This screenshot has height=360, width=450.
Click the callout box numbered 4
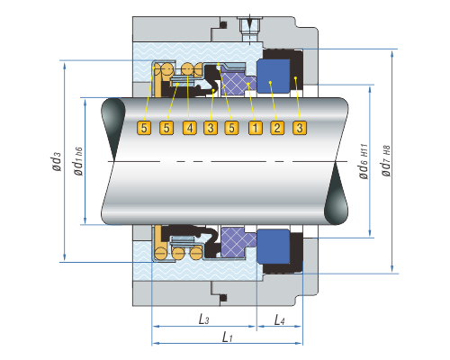[190, 128]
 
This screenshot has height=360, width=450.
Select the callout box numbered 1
[256, 128]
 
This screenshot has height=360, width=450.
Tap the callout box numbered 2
[277, 128]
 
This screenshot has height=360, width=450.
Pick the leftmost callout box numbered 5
[144, 128]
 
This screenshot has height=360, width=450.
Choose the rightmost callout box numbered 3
[300, 128]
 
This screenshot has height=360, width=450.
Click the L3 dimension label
[204, 319]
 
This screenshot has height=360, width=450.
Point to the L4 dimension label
[279, 319]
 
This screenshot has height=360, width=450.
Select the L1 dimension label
[227, 337]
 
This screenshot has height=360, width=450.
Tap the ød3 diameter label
[57, 161]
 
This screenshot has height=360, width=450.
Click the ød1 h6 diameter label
[77, 161]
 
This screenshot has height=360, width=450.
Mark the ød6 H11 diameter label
[364, 161]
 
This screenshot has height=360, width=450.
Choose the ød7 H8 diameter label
[386, 161]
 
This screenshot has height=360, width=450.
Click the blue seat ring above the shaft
[274, 76]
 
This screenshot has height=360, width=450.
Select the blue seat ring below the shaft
[274, 247]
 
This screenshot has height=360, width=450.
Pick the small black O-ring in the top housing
[223, 24]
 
